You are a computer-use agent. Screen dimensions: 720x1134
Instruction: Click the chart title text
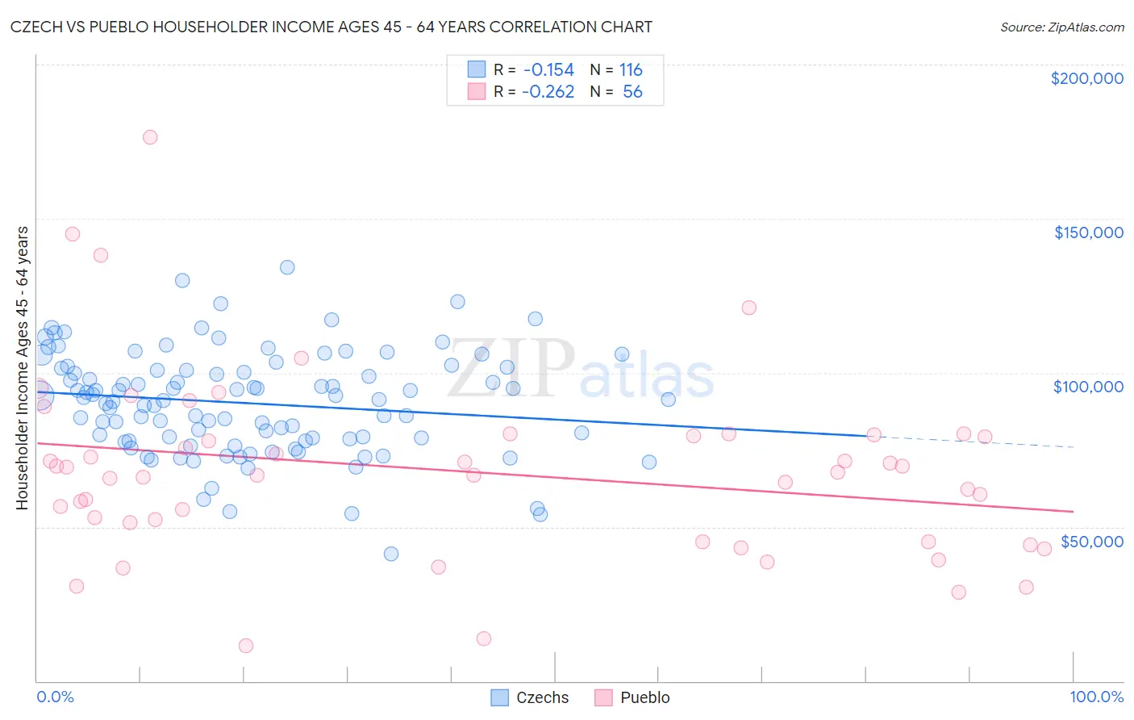pyautogui.click(x=330, y=27)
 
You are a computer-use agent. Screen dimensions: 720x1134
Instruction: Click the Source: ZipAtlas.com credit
pyautogui.click(x=1061, y=27)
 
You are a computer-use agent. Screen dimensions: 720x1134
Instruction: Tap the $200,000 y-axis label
pyautogui.click(x=1086, y=78)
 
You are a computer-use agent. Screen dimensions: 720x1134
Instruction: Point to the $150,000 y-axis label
pyautogui.click(x=1088, y=232)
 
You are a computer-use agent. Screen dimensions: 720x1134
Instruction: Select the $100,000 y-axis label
pyautogui.click(x=1088, y=387)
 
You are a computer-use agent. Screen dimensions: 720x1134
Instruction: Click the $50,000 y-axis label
pyautogui.click(x=1091, y=542)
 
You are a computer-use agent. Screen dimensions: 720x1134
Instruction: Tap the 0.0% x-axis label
pyautogui.click(x=55, y=697)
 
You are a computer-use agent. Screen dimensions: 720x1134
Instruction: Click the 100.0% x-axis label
pyautogui.click(x=1096, y=697)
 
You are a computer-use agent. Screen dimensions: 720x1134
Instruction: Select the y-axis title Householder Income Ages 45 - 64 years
pyautogui.click(x=22, y=368)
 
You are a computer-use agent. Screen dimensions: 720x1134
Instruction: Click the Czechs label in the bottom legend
pyautogui.click(x=542, y=697)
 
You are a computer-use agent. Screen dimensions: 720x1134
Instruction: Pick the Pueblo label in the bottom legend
pyautogui.click(x=644, y=697)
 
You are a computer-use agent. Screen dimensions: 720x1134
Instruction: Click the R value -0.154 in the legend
pyautogui.click(x=548, y=70)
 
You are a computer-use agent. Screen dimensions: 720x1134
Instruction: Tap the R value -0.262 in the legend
pyautogui.click(x=548, y=92)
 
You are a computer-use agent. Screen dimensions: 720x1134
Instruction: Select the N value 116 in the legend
pyautogui.click(x=631, y=70)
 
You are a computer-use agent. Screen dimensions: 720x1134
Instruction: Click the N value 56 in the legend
pyautogui.click(x=632, y=92)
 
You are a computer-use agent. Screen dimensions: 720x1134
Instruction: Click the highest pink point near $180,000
pyautogui.click(x=150, y=137)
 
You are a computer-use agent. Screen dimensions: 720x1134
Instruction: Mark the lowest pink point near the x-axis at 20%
pyautogui.click(x=246, y=646)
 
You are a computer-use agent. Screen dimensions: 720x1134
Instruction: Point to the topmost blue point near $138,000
pyautogui.click(x=287, y=267)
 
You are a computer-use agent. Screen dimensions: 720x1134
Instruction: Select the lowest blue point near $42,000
pyautogui.click(x=391, y=554)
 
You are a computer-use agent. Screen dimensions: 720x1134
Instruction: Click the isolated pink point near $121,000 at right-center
pyautogui.click(x=748, y=308)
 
